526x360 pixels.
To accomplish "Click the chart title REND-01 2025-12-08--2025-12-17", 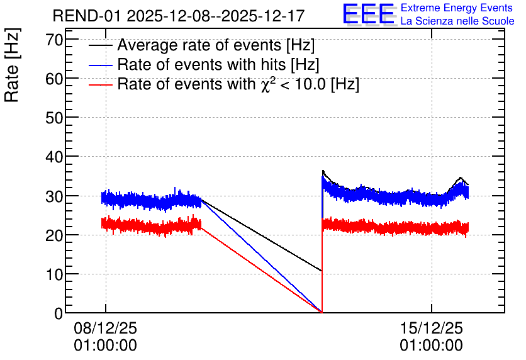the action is [179, 16].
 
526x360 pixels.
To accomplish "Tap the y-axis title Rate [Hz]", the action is [12, 65].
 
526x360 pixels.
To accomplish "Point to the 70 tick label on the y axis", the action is [54, 40].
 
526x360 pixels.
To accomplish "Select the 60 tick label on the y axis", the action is [54, 79].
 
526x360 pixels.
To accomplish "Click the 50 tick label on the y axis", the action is [54, 118].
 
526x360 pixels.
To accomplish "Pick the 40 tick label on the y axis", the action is [54, 157].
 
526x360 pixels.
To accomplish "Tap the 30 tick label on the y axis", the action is [54, 196].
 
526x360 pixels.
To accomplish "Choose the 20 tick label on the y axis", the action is [54, 235].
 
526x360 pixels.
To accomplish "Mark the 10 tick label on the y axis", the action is [54, 274].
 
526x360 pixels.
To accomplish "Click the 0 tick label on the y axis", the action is [59, 313].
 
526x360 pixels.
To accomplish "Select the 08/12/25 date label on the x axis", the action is [105, 328].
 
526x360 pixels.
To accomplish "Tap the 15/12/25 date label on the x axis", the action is [431, 328].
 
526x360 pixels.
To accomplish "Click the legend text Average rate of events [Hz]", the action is [216, 45].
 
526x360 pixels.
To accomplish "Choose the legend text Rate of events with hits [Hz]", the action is [218, 64].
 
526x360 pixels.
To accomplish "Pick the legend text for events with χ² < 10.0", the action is [238, 84].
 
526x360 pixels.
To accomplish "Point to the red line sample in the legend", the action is [101, 85].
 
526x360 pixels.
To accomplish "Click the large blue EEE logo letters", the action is [368, 14].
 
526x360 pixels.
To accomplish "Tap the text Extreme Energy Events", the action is [457, 8].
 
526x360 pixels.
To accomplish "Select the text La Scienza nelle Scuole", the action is [457, 21].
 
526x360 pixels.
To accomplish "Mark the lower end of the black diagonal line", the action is [322, 271].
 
